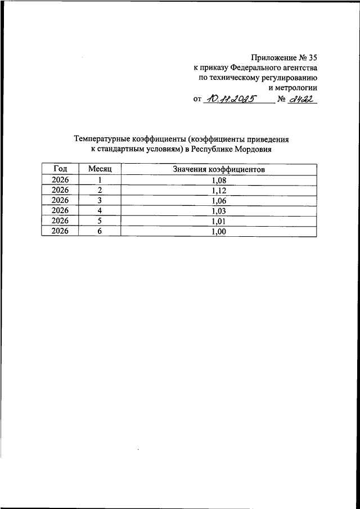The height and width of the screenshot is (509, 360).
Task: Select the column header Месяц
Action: click(100, 169)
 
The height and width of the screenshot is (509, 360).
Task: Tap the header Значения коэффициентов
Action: click(219, 169)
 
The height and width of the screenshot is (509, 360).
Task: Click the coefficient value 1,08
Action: click(219, 180)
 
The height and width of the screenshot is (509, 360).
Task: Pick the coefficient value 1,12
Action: click(219, 190)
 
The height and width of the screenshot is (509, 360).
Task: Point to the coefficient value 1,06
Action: click(219, 200)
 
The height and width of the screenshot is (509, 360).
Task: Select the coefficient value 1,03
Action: click(219, 210)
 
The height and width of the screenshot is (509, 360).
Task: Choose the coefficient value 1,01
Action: click(219, 220)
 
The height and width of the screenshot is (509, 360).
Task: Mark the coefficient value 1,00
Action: click(219, 231)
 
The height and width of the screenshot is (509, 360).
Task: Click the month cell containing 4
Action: click(100, 210)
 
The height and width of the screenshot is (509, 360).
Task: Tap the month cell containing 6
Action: click(100, 231)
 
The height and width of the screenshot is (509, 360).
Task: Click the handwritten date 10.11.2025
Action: click(230, 100)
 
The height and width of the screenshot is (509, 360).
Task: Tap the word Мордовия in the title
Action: click(251, 149)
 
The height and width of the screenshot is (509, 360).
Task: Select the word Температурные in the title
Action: click(102, 138)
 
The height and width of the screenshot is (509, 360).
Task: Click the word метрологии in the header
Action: click(296, 87)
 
